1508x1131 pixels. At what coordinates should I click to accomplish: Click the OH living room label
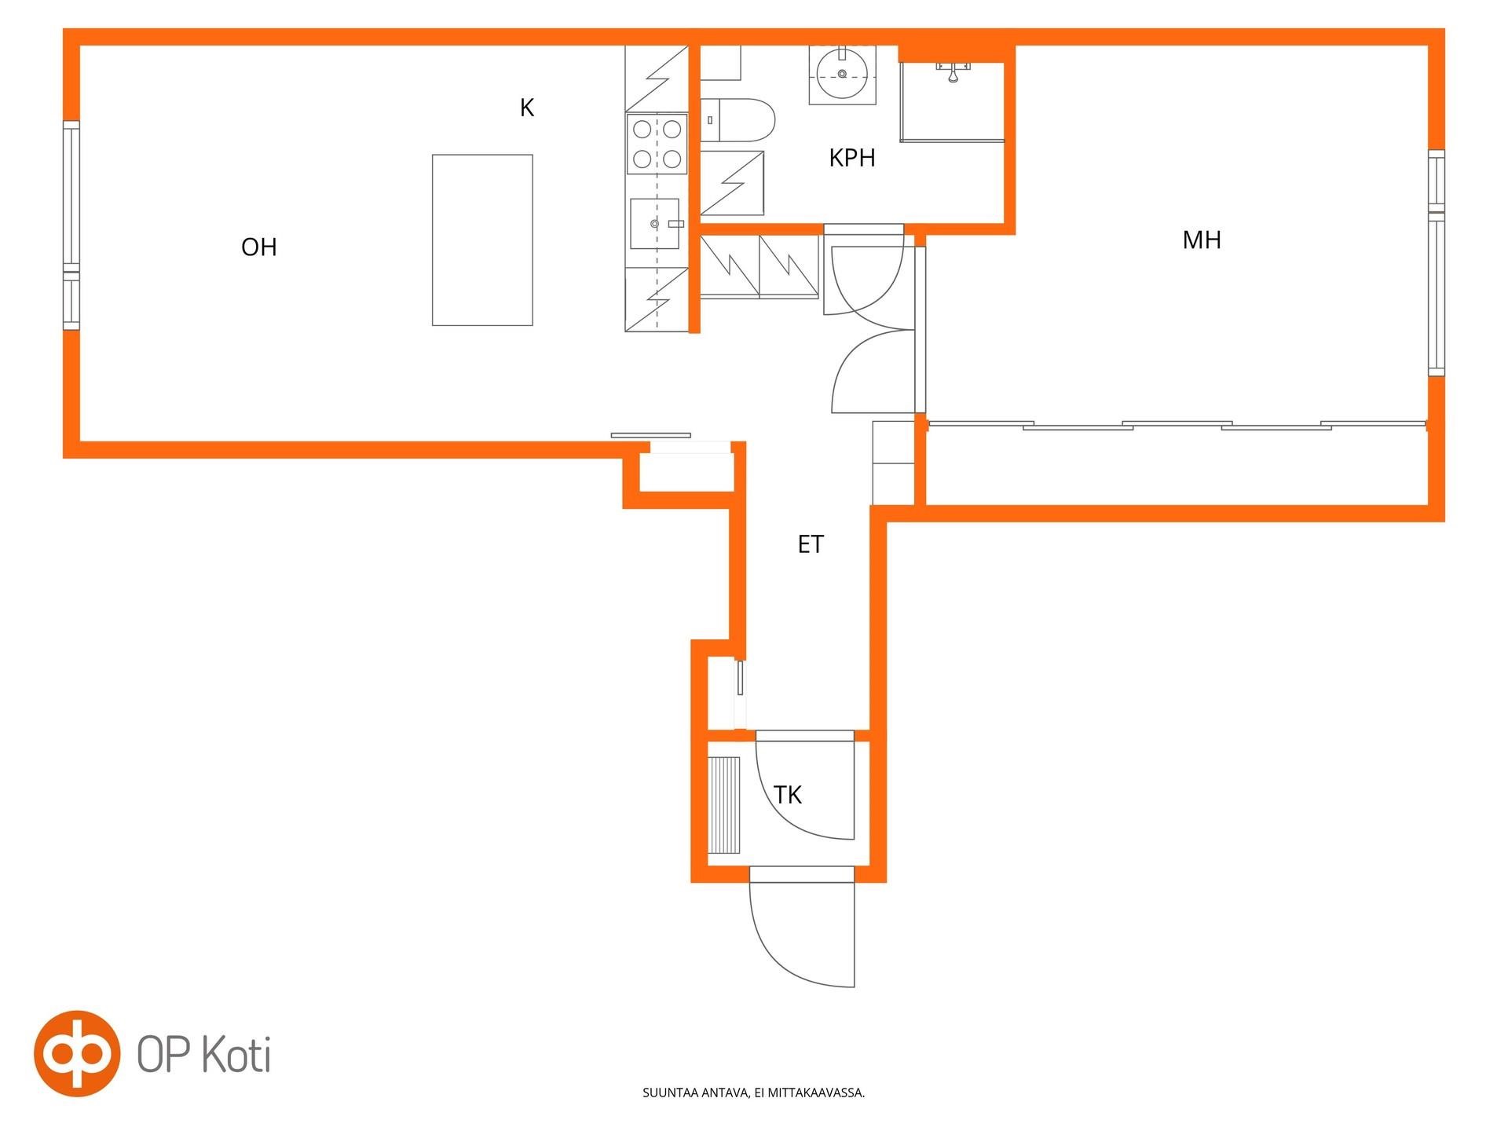(259, 247)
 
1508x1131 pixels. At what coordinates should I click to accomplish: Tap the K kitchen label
(527, 108)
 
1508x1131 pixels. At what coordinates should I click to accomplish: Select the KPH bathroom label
(852, 158)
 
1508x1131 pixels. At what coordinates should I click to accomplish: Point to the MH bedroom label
(1202, 240)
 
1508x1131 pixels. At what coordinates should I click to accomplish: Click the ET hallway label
(811, 544)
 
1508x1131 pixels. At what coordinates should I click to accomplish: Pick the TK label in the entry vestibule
(788, 795)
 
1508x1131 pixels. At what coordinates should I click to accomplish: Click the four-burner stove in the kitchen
(657, 144)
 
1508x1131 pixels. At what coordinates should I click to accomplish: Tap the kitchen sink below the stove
(654, 224)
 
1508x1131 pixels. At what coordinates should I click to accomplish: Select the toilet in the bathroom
(738, 120)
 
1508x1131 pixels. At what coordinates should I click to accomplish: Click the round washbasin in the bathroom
(843, 75)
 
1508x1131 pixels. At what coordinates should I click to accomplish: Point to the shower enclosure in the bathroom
(952, 101)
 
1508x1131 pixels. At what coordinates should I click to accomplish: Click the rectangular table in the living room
(482, 240)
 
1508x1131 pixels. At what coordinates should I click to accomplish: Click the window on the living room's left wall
(71, 225)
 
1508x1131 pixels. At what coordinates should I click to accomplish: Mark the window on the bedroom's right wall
(1437, 262)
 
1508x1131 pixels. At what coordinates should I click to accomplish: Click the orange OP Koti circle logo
(77, 1053)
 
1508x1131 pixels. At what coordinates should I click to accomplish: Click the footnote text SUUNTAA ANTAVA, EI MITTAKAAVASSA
(754, 1093)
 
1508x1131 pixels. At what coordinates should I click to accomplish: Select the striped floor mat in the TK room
(724, 805)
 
